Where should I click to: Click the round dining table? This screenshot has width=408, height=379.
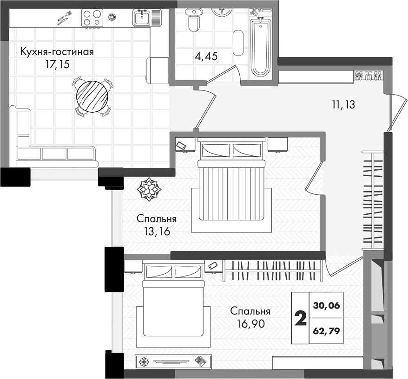click(92, 96)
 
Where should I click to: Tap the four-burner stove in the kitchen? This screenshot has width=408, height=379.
click(92, 18)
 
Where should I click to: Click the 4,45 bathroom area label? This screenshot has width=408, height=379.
click(206, 56)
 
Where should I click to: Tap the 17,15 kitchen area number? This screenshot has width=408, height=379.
click(58, 64)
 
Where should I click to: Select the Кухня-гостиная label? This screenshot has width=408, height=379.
click(57, 51)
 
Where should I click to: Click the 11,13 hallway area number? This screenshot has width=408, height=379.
click(343, 105)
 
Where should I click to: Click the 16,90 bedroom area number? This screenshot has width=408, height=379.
click(251, 323)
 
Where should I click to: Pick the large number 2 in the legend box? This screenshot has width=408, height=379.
click(300, 319)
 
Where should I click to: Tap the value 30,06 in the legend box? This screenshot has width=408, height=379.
click(327, 306)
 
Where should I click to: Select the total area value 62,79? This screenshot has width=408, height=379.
click(327, 331)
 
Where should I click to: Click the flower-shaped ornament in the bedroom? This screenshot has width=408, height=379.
click(148, 189)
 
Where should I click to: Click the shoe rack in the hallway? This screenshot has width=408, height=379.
click(369, 76)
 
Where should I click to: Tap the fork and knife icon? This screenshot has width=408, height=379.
click(64, 18)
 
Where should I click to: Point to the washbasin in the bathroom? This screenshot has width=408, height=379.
click(222, 12)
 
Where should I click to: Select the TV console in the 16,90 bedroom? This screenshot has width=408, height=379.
click(173, 361)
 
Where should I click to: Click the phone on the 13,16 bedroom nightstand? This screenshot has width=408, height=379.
click(181, 146)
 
